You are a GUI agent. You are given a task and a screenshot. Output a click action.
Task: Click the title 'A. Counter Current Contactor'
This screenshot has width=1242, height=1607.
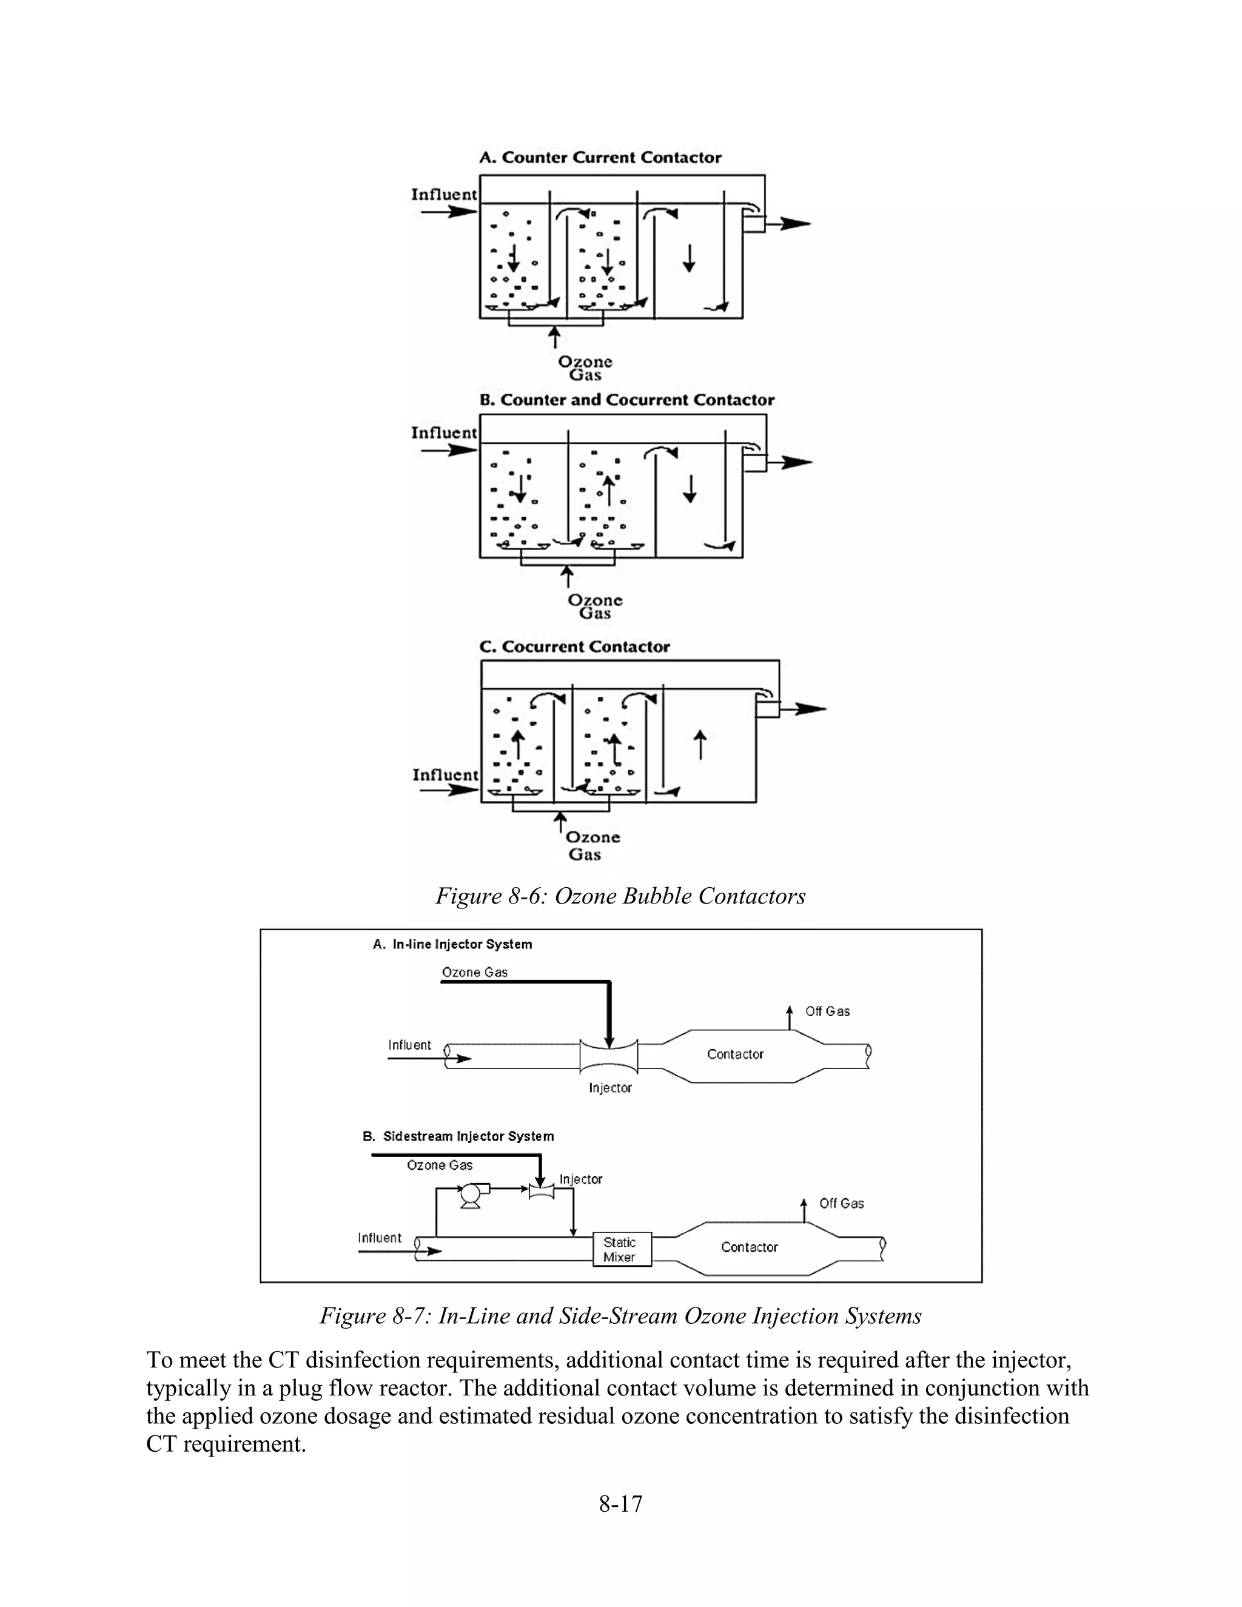600,158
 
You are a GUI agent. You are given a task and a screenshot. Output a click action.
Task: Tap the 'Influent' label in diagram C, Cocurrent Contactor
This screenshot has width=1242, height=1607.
445,775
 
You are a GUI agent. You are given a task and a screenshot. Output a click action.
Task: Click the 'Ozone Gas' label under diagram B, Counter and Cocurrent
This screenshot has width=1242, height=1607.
594,606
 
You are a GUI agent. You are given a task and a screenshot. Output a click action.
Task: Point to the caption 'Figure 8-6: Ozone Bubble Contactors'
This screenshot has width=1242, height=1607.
620,896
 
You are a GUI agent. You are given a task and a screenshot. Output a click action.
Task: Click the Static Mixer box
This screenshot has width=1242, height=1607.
622,1249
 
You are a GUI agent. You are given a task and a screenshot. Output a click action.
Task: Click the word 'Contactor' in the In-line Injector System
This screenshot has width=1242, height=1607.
735,1055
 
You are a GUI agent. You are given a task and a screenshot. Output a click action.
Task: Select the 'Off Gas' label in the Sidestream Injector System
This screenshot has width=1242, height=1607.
841,1203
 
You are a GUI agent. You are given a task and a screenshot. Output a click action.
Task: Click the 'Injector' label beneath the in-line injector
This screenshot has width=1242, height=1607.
610,1087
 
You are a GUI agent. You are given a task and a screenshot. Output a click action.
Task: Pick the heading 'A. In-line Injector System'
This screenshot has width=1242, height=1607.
452,944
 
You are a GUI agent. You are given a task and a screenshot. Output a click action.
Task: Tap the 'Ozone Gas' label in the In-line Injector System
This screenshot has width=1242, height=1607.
475,972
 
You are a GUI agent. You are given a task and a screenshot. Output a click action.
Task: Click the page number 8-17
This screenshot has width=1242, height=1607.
620,1503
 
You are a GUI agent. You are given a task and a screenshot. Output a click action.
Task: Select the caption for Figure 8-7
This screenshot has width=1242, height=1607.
620,1316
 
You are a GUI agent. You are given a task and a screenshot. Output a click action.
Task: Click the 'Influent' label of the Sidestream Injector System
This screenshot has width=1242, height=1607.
380,1238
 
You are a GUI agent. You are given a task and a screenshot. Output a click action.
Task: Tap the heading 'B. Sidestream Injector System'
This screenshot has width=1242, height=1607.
458,1136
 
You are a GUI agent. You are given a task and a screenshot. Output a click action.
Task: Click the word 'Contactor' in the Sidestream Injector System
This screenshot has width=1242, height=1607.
749,1247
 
